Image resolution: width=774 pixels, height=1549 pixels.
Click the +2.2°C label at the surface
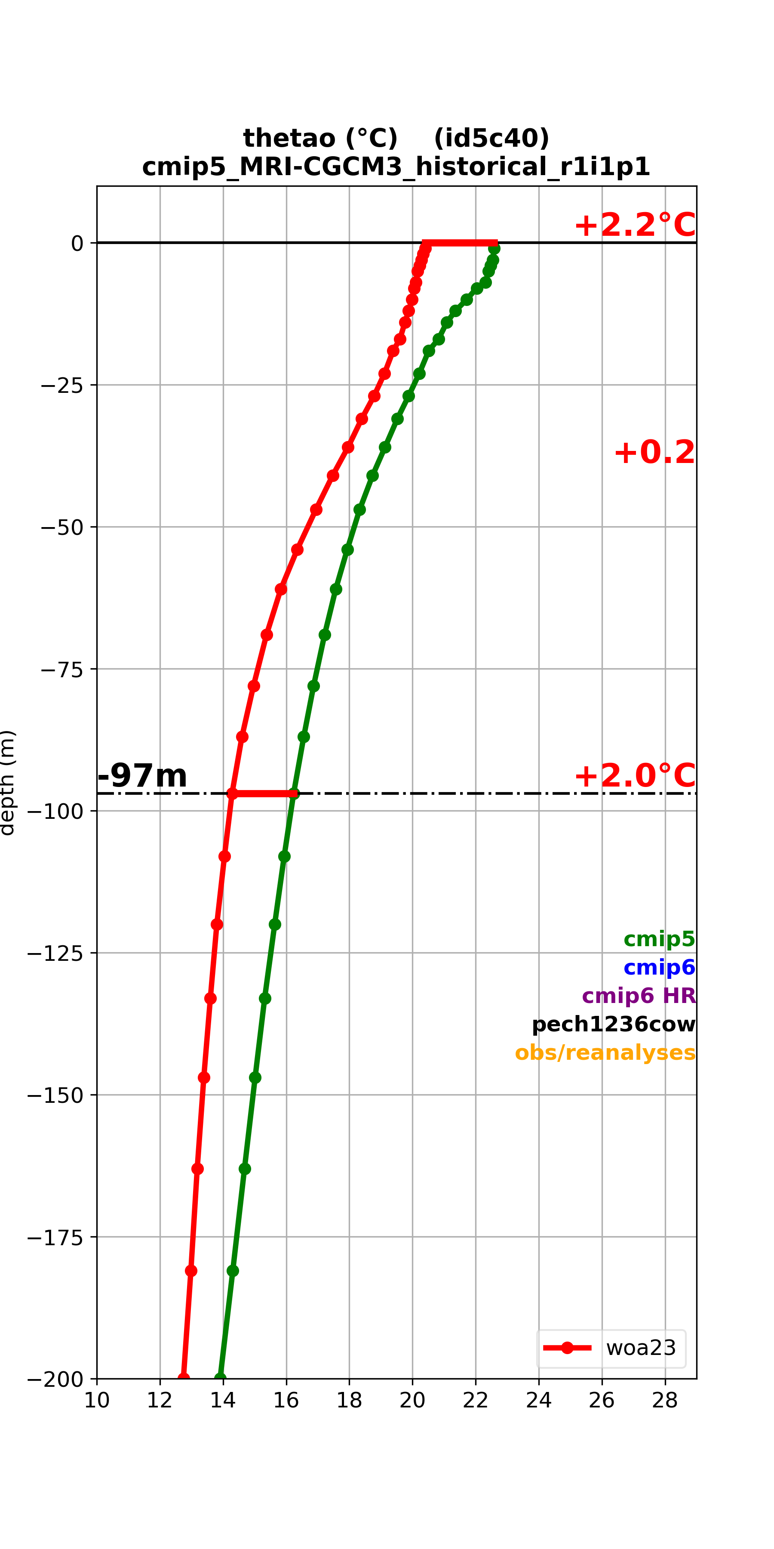pos(635,225)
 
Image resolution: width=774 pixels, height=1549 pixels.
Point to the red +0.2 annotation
pos(654,452)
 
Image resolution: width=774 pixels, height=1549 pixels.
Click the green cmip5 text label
pos(659,939)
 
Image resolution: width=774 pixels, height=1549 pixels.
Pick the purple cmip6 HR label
pos(639,995)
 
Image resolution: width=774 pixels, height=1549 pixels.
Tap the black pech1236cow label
pos(614,1024)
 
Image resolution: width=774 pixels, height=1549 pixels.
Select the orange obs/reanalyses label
pos(605,1052)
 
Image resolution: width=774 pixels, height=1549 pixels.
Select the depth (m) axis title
pos(7,782)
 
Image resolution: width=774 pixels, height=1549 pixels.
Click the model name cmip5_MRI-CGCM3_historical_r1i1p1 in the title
pos(396,167)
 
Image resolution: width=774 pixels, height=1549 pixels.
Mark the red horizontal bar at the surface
pos(460,243)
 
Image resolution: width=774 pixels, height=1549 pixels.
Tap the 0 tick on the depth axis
pos(77,244)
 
